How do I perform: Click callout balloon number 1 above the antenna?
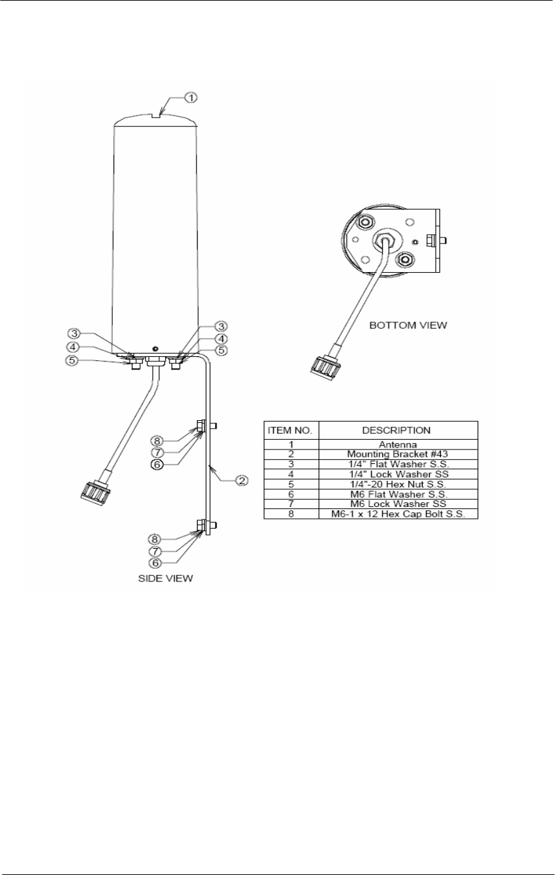(x=190, y=97)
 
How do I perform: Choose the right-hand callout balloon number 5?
(x=222, y=350)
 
